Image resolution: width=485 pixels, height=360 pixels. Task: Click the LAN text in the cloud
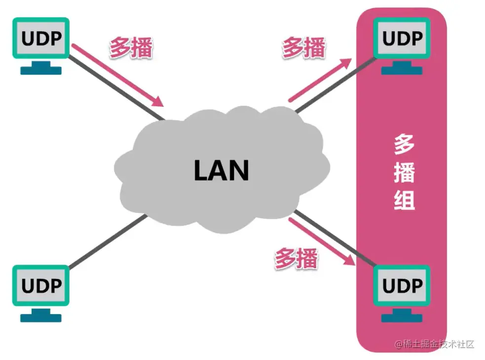(221, 170)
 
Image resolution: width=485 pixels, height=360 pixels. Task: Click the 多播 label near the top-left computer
(131, 48)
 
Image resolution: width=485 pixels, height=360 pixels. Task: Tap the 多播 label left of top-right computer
(303, 48)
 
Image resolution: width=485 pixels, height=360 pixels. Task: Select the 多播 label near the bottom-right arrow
(296, 259)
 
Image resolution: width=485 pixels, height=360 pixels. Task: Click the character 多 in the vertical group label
(404, 145)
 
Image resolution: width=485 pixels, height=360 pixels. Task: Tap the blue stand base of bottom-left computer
(41, 317)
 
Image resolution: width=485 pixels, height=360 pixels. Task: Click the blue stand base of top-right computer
(402, 70)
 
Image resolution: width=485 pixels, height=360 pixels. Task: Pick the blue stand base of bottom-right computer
(402, 317)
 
